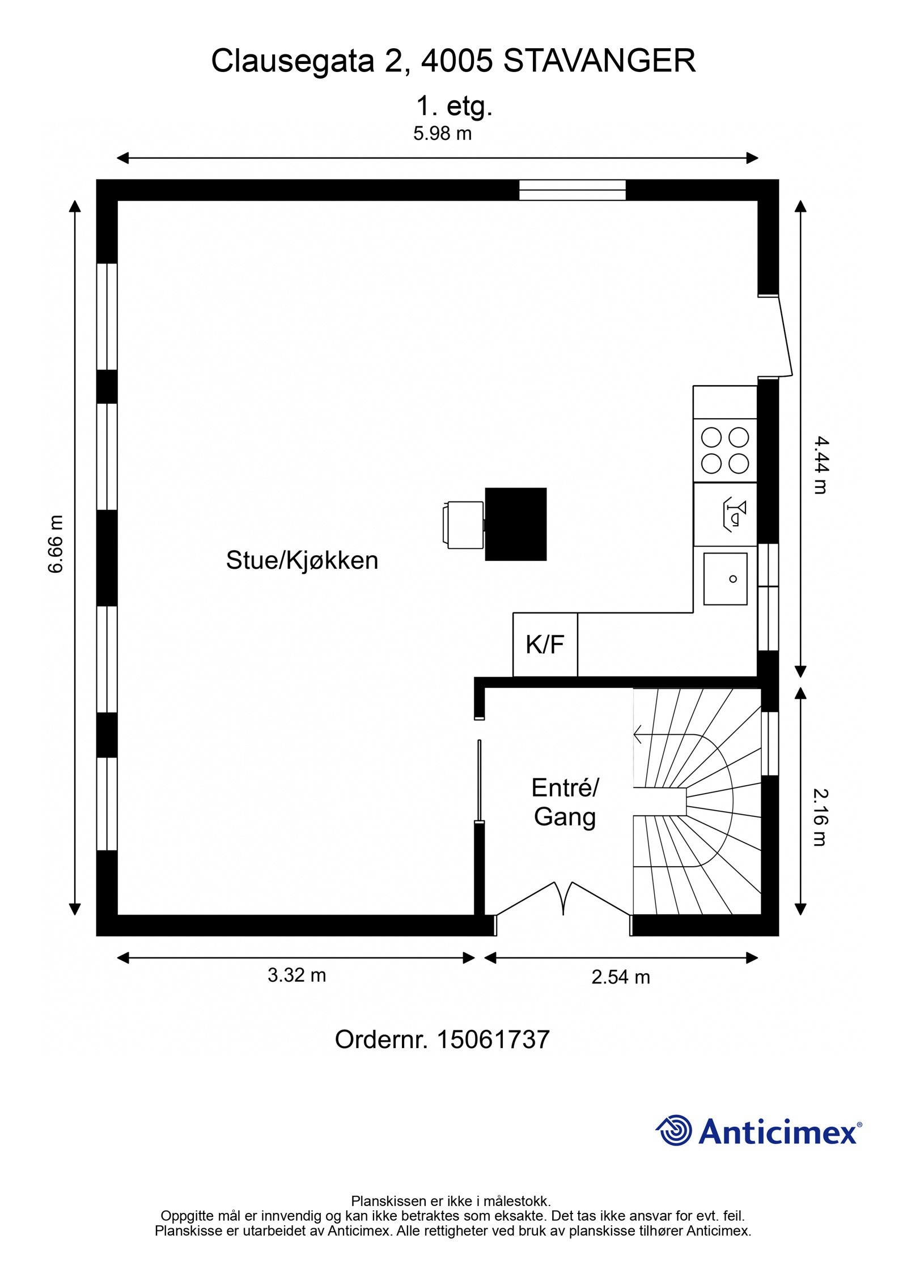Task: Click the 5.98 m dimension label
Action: [442, 134]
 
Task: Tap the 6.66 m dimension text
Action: [56, 544]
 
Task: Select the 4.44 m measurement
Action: [820, 464]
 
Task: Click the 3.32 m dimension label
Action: [296, 975]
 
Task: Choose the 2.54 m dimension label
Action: [620, 977]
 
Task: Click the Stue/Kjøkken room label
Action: [302, 560]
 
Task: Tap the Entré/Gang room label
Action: [565, 802]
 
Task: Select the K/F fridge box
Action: [545, 645]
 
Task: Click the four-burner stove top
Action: [724, 450]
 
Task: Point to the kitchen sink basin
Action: [725, 578]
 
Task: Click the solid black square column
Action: [515, 524]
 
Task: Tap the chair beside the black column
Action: [463, 525]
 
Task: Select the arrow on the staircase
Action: [641, 735]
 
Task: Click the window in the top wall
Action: [572, 190]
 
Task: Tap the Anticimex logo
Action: [758, 1132]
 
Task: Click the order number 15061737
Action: [493, 1040]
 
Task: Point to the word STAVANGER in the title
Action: [599, 61]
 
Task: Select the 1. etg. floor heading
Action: [454, 106]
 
